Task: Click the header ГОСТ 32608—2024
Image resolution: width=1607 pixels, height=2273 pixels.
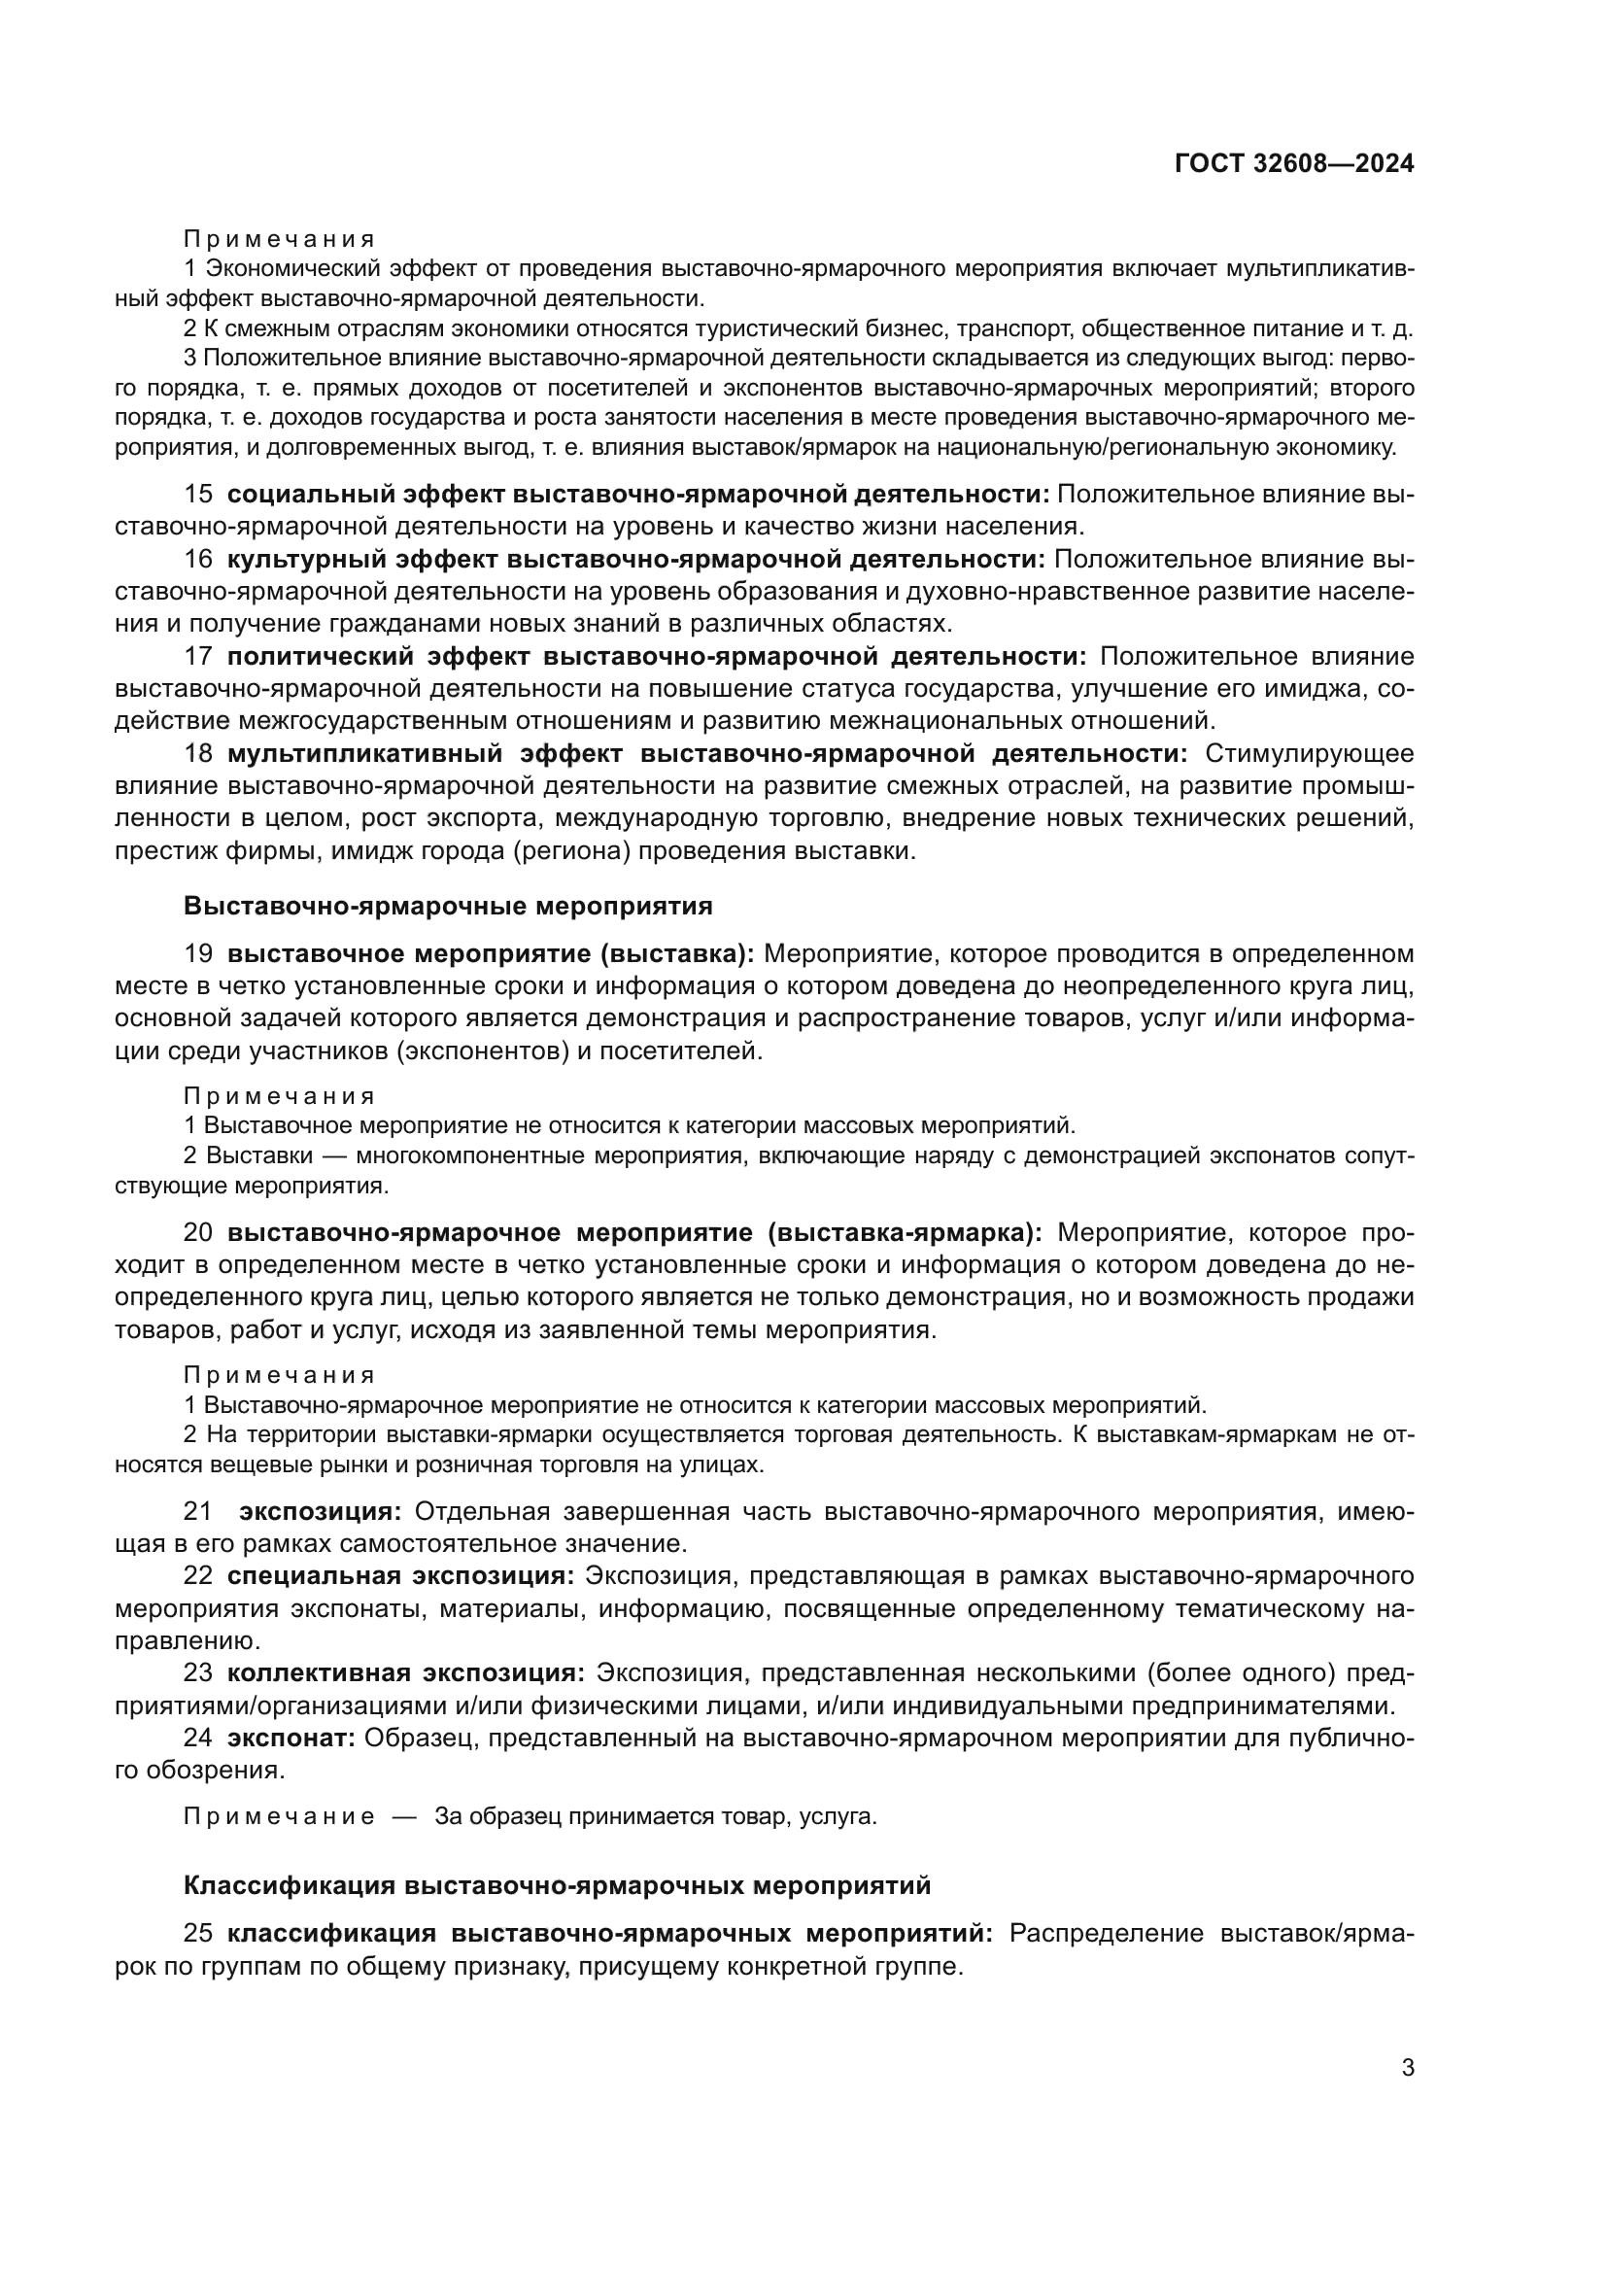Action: point(1294,164)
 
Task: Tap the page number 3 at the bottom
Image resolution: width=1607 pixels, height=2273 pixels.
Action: point(1407,2067)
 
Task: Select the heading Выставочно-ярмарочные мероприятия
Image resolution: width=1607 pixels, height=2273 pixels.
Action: point(448,906)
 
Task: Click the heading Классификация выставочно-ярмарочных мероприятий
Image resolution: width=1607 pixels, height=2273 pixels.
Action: point(557,1885)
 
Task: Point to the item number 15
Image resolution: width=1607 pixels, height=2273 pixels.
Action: point(198,494)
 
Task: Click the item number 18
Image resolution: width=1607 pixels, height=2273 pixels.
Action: point(198,753)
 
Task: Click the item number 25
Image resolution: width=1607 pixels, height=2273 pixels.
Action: point(198,1934)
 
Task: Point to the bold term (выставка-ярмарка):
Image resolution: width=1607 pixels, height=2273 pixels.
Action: point(905,1232)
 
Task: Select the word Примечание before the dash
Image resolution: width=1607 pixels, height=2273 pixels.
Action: point(279,1816)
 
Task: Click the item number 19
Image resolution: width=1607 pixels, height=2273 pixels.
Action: point(198,953)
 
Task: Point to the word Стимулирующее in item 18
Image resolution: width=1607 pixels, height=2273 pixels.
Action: point(1309,753)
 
